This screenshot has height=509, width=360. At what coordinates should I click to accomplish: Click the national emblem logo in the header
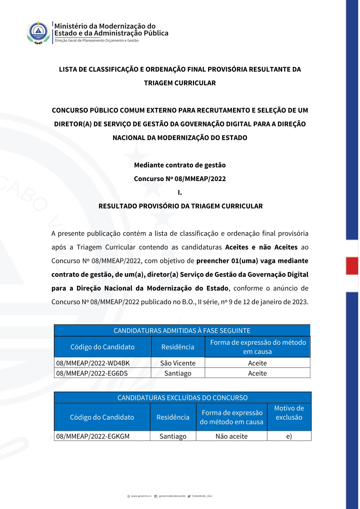(38, 32)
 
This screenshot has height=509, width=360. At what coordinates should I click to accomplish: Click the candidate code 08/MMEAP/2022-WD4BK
(93, 363)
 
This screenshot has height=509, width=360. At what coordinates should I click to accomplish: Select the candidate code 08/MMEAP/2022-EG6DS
(92, 373)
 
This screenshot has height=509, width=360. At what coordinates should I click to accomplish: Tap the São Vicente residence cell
(178, 363)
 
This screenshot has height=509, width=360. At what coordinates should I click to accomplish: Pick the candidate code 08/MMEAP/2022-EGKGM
(93, 436)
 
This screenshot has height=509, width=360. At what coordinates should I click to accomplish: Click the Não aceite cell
(231, 436)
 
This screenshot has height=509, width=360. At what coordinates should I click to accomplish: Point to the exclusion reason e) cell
(289, 436)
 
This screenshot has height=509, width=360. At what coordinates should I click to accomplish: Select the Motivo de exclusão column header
(289, 413)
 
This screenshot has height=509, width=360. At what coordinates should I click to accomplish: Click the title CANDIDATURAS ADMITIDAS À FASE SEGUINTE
(182, 330)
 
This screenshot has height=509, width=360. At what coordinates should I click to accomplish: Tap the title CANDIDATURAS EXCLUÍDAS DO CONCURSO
(183, 398)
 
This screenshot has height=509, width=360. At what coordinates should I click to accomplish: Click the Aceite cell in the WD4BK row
(257, 363)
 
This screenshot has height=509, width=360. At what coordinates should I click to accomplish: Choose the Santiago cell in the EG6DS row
(178, 373)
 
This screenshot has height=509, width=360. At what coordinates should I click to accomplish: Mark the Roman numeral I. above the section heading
(180, 193)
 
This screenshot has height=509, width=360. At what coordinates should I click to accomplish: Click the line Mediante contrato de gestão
(180, 165)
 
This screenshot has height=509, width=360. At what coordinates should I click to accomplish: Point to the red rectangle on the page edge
(352, 266)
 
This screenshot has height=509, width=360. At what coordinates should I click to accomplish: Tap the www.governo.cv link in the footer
(141, 496)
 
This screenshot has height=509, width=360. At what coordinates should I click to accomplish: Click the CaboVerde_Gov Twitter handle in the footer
(202, 496)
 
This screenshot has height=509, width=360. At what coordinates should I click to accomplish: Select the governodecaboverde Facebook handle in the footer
(172, 496)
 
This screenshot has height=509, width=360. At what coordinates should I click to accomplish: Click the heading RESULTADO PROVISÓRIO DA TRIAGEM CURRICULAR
(181, 206)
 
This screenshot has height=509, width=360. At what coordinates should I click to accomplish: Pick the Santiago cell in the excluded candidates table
(173, 436)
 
